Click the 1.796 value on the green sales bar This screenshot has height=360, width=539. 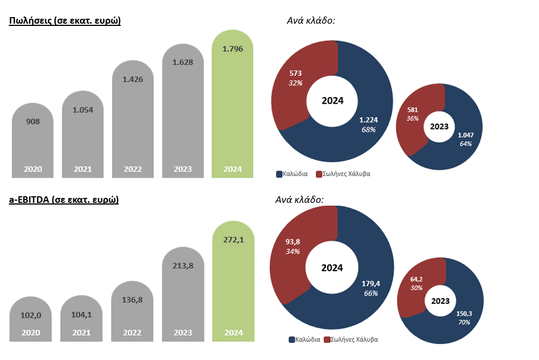[x=232, y=49]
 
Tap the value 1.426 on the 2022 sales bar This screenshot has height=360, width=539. [x=132, y=79]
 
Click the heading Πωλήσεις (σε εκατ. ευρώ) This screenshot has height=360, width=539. [x=65, y=21]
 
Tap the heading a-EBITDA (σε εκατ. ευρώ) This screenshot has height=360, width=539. [x=63, y=200]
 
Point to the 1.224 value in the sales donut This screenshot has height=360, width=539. [x=369, y=120]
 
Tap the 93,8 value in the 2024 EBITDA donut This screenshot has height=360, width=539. [x=293, y=243]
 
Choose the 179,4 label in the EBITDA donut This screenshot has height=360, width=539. [x=370, y=284]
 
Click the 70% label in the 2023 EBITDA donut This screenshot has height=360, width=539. [x=464, y=321]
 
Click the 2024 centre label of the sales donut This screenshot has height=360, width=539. [x=332, y=101]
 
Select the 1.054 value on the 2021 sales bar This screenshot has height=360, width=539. [x=83, y=110]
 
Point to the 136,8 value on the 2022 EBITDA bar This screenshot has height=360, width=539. [x=132, y=300]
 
